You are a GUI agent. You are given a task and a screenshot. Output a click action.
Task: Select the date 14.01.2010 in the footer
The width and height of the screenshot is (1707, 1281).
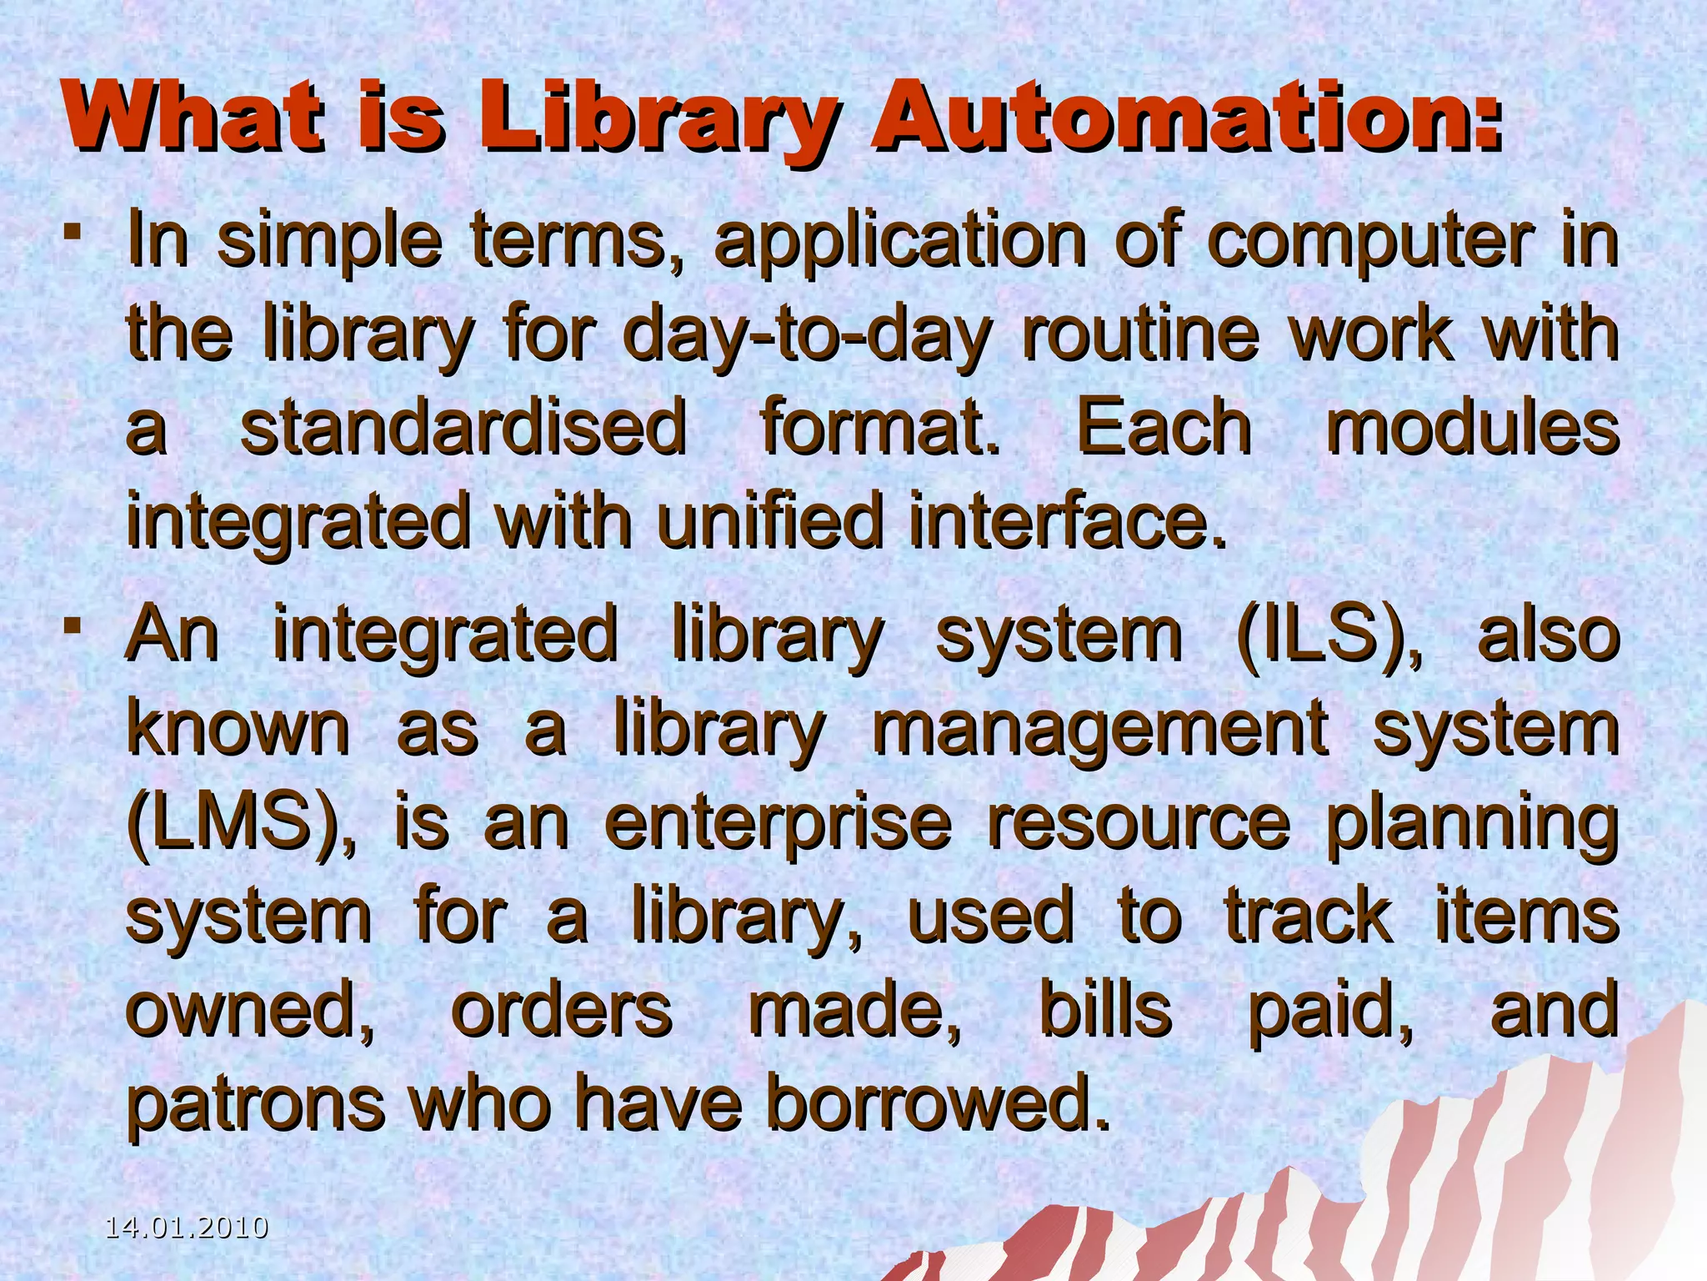coord(187,1228)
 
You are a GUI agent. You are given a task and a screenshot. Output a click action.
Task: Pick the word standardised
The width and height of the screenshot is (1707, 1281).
coord(463,427)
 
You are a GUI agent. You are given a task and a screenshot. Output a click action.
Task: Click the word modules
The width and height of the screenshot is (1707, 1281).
coord(1472,427)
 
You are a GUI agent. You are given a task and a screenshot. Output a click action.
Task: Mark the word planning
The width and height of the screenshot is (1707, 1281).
coord(1472,826)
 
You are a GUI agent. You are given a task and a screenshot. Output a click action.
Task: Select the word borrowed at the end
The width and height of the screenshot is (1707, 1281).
coord(937,1103)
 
